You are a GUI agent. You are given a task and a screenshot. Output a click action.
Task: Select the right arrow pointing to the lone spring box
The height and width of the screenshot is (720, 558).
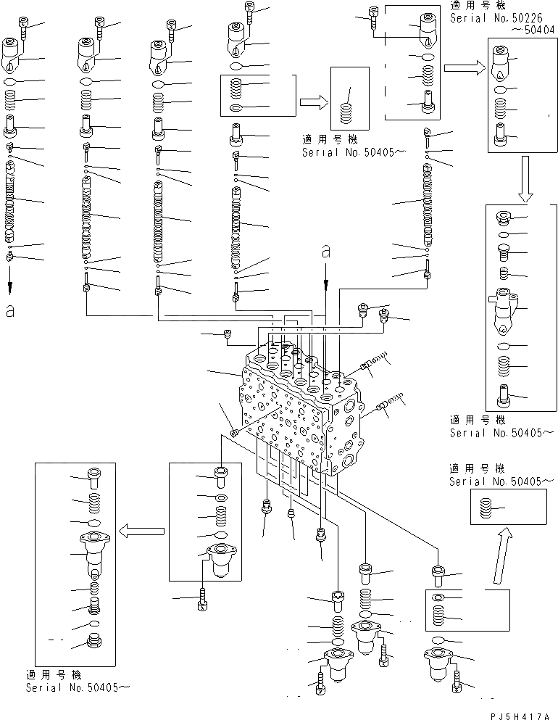tap(312, 103)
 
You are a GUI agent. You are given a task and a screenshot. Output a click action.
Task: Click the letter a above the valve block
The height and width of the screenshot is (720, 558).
tap(326, 252)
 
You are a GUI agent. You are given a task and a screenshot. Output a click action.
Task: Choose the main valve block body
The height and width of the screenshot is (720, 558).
tap(297, 406)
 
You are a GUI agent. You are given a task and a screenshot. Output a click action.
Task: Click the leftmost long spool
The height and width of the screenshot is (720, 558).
tap(10, 203)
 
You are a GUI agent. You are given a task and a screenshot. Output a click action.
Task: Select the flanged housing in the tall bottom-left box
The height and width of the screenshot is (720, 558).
tap(95, 553)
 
